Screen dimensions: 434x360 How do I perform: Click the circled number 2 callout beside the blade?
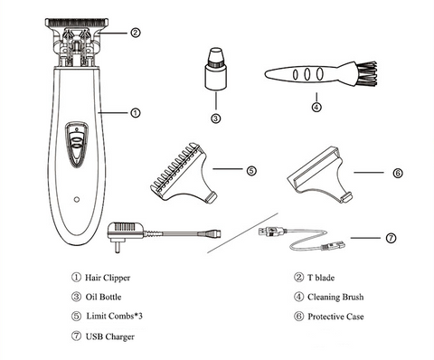(136, 33)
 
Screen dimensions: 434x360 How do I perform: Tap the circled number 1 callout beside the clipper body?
(136, 113)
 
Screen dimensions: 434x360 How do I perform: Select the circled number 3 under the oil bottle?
(215, 118)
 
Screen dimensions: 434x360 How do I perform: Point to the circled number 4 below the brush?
(316, 107)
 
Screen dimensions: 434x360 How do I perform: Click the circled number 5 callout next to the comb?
(251, 171)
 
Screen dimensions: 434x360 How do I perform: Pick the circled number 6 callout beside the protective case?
(398, 173)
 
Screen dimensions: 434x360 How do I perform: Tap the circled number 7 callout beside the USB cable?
(391, 238)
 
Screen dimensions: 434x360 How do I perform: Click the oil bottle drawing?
(216, 68)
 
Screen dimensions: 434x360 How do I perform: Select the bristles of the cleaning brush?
(366, 73)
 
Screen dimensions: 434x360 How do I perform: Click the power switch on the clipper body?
(77, 144)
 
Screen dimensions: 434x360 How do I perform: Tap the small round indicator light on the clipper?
(77, 199)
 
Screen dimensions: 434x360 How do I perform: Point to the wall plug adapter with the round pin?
(126, 235)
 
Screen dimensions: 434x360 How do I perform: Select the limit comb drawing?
(184, 173)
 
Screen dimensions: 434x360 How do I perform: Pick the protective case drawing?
(320, 175)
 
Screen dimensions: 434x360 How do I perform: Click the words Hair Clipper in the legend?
(108, 278)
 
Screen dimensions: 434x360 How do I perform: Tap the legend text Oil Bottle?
(103, 297)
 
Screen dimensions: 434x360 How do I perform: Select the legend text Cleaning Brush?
(335, 298)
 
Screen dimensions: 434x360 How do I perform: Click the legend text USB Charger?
(110, 336)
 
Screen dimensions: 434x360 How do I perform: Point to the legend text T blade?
(321, 278)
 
